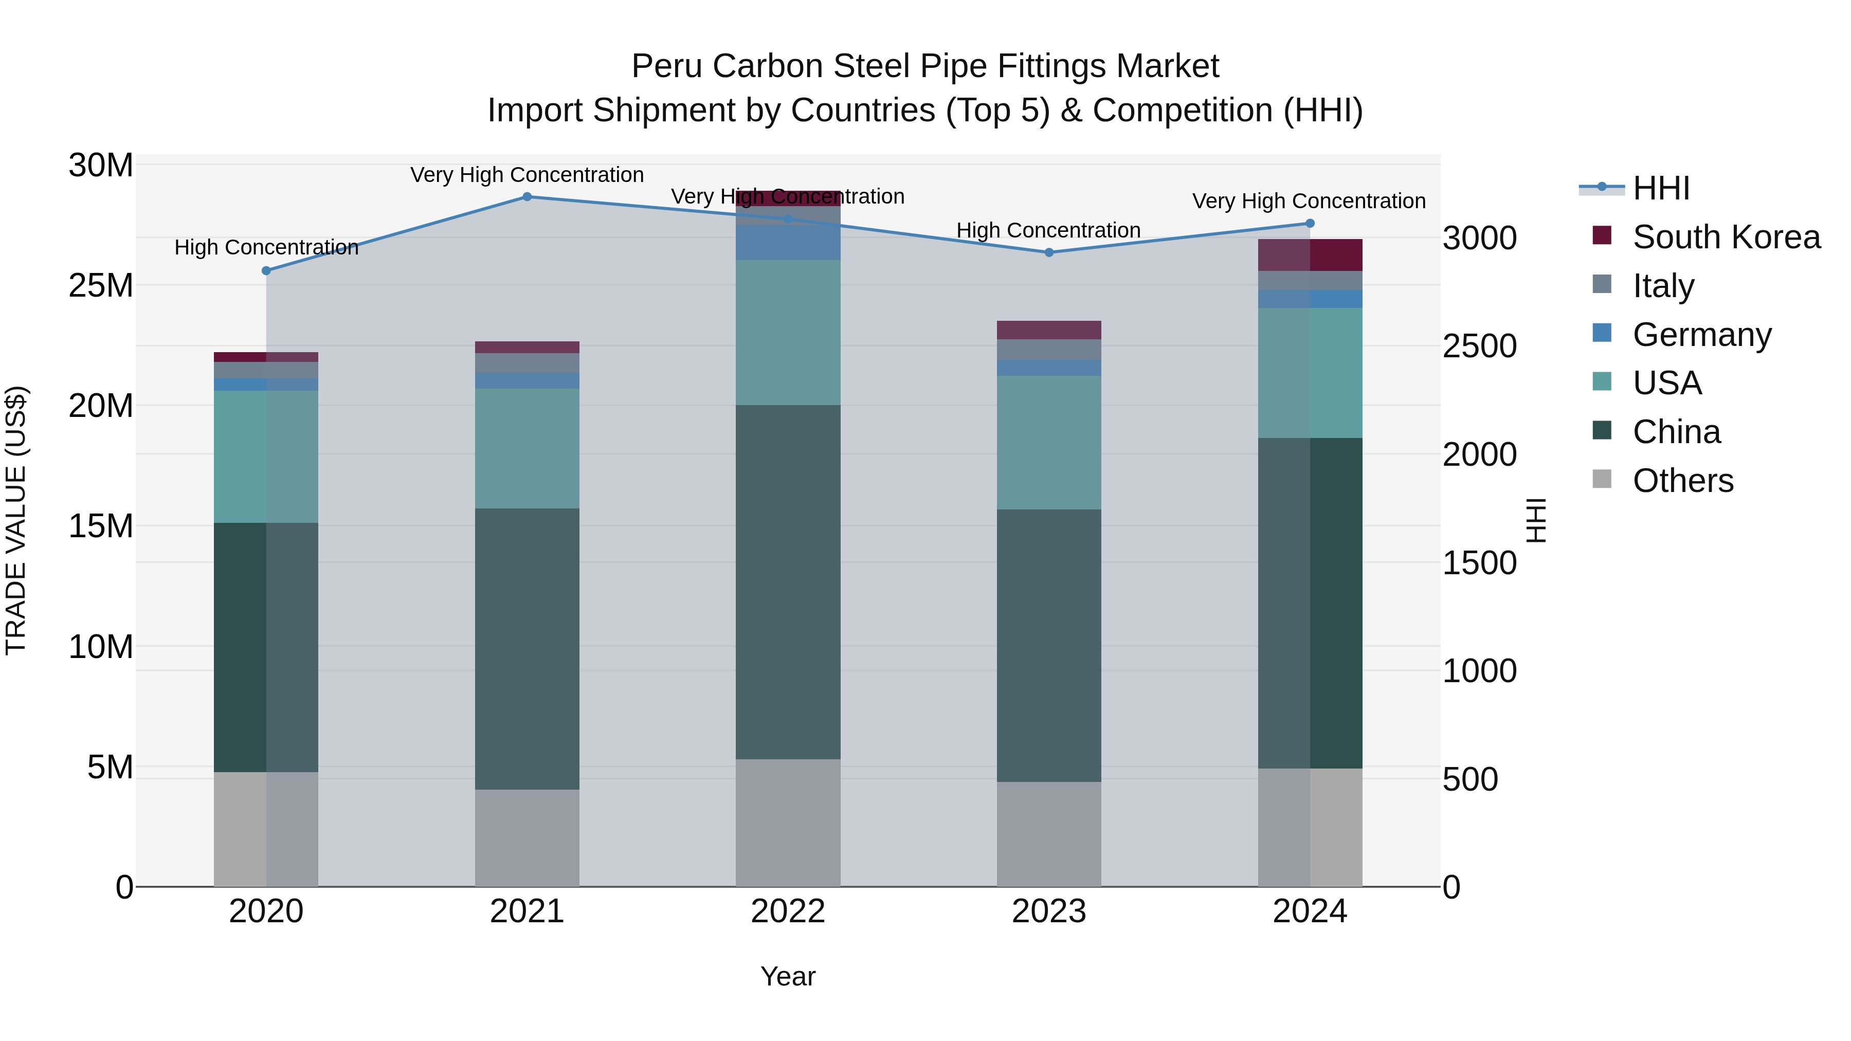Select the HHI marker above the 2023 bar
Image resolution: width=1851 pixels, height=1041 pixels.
(1048, 252)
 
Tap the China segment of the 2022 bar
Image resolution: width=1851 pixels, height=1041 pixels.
(788, 582)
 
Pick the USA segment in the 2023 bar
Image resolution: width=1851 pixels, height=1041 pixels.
(1048, 443)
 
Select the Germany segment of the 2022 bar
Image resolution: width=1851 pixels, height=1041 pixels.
(788, 243)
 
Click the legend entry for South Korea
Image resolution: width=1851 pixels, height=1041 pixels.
(1725, 237)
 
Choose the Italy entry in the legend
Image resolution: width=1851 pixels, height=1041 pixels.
(1663, 286)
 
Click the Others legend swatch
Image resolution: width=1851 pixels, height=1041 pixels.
(1602, 479)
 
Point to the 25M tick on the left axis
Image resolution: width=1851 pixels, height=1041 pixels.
(101, 286)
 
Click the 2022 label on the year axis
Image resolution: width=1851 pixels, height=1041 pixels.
(788, 911)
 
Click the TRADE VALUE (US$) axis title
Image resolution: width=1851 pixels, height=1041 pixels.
(16, 520)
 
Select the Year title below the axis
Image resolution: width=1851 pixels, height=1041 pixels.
(788, 976)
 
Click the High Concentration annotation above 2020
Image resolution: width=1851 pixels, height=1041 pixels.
(266, 247)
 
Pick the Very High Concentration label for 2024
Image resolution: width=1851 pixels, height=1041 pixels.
(1309, 201)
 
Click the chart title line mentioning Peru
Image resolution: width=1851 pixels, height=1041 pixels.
(925, 66)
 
